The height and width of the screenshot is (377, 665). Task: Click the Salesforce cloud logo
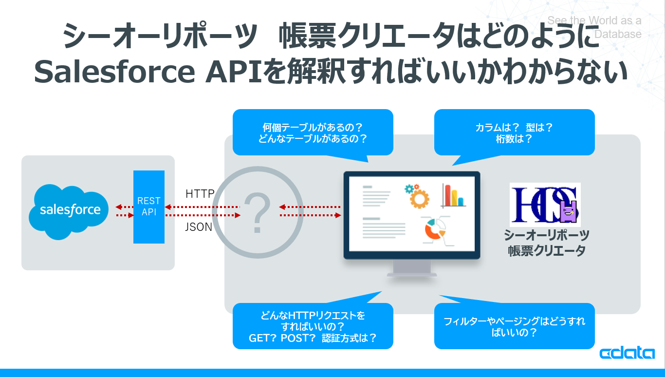tap(70, 211)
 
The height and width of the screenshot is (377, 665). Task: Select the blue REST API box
tap(149, 207)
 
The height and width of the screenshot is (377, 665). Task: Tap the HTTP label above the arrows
tap(200, 194)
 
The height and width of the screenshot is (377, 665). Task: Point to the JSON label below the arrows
tap(199, 226)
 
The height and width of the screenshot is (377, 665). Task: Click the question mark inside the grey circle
tap(258, 212)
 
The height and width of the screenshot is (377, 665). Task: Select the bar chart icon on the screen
tap(453, 195)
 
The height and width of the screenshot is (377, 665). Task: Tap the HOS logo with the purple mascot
tap(545, 205)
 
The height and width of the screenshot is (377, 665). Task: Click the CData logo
tap(627, 353)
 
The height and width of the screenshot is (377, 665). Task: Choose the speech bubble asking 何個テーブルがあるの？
tap(313, 132)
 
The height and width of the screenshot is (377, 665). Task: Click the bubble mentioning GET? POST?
tap(313, 326)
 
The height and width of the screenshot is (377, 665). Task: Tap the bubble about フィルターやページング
tap(514, 326)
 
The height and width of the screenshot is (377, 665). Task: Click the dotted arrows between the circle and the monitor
tap(310, 211)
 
